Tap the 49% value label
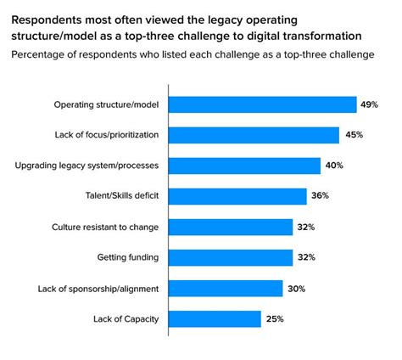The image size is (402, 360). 369,104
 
